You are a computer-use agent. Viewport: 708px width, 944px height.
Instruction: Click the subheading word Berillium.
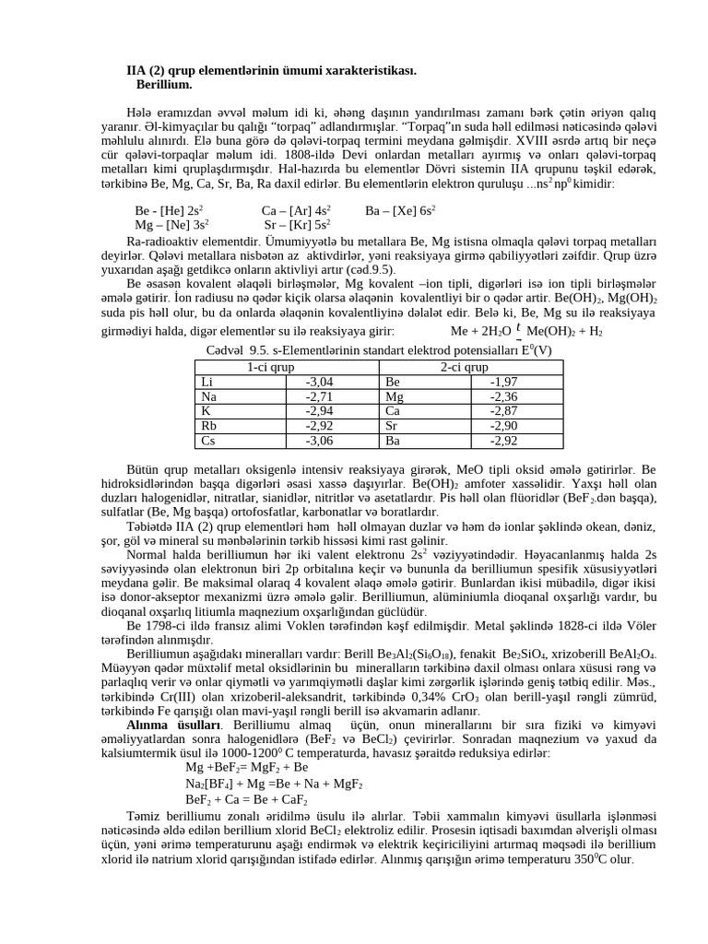click(x=164, y=84)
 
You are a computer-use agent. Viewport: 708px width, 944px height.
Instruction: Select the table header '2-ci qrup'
click(x=464, y=367)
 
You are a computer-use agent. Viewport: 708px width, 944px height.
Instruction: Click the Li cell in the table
click(x=207, y=382)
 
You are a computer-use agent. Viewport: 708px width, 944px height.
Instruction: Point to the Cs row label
click(x=208, y=441)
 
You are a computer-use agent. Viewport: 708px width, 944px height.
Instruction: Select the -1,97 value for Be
click(x=503, y=382)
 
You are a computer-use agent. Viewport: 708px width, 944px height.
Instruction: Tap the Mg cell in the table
click(x=395, y=396)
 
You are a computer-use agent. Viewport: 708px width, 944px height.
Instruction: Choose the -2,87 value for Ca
click(x=503, y=411)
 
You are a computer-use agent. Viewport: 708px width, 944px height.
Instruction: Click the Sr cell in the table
click(x=393, y=426)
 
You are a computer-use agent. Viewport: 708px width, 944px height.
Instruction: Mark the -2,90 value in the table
click(x=503, y=426)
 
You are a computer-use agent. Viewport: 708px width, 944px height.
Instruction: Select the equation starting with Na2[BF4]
click(x=274, y=784)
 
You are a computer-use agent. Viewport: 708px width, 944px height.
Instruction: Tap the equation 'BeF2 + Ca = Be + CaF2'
click(x=246, y=800)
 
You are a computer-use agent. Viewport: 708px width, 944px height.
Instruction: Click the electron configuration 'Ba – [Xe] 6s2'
click(x=400, y=210)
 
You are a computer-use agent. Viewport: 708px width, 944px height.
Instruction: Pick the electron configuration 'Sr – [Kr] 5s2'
click(x=297, y=224)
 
